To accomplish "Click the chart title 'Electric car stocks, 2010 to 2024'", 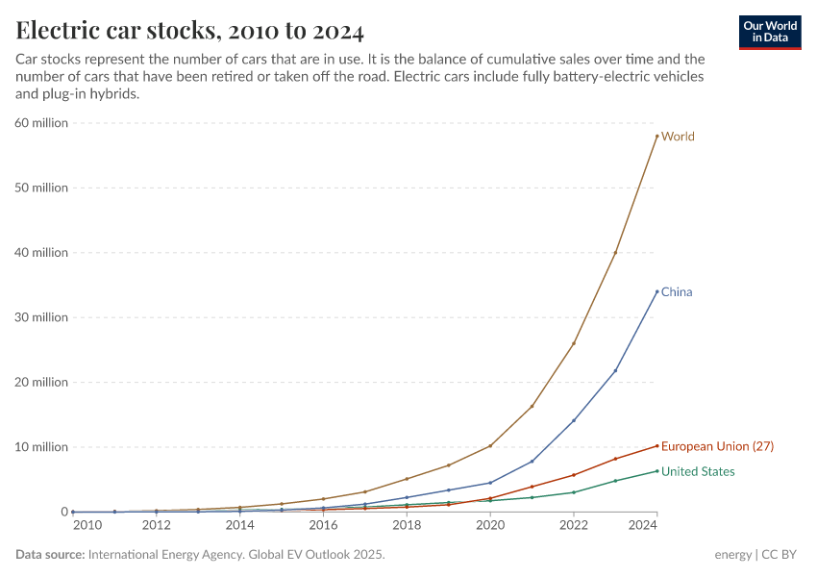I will click(x=190, y=31).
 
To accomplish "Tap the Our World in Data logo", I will click(x=769, y=32).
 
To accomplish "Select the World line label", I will click(x=678, y=137).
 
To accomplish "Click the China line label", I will click(x=677, y=292).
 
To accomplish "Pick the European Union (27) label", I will click(x=717, y=446).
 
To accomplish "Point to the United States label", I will click(x=698, y=471).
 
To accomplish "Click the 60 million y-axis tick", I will click(x=40, y=123).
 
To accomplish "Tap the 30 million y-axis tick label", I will click(x=40, y=317).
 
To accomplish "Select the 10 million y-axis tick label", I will click(x=40, y=447).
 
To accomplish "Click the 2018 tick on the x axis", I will click(x=407, y=525).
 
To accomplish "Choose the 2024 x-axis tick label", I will click(x=641, y=525).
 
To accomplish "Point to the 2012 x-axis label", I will click(x=157, y=525).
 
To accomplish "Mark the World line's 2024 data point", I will click(x=656, y=136).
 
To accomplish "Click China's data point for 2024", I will click(x=656, y=291).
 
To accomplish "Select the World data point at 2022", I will click(x=574, y=343).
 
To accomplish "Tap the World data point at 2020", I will click(x=490, y=445).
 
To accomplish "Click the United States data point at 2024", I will click(x=656, y=471).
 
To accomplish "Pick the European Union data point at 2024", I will click(x=656, y=445).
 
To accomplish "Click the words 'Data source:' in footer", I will click(x=49, y=555).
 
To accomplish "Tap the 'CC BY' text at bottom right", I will click(x=782, y=555).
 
